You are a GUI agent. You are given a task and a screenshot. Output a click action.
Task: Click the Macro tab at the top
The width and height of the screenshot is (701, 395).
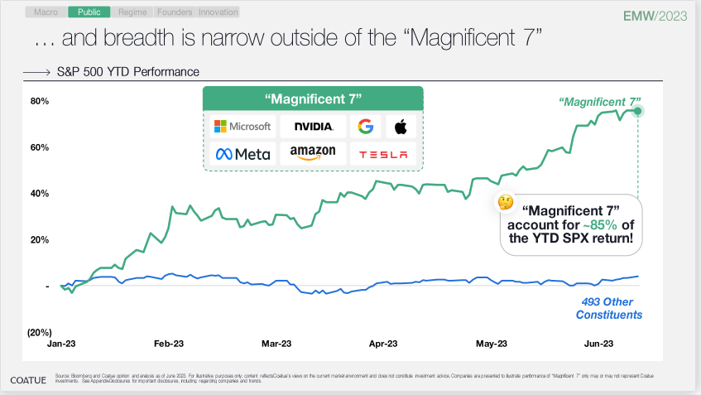pyautogui.click(x=46, y=12)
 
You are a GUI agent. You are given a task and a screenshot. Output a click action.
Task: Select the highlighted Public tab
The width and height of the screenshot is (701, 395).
pyautogui.click(x=89, y=12)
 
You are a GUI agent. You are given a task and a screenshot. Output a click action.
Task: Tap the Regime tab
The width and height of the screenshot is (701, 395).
pyautogui.click(x=132, y=12)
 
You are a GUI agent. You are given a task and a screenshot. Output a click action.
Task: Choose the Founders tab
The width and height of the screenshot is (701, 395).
pyautogui.click(x=174, y=12)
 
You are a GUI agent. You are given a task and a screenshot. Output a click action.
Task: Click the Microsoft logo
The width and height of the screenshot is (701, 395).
pyautogui.click(x=242, y=126)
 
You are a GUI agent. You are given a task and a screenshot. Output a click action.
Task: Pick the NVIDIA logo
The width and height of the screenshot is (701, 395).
pyautogui.click(x=313, y=126)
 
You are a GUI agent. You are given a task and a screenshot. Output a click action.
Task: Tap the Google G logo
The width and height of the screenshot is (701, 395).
pyautogui.click(x=365, y=126)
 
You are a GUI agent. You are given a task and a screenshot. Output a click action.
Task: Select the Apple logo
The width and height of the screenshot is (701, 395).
pyautogui.click(x=401, y=126)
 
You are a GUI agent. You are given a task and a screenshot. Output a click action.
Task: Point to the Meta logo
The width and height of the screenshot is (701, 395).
pyautogui.click(x=242, y=154)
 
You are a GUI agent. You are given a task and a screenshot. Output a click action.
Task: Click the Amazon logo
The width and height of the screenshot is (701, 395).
pyautogui.click(x=313, y=154)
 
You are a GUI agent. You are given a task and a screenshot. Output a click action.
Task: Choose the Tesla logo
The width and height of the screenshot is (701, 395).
pyautogui.click(x=382, y=154)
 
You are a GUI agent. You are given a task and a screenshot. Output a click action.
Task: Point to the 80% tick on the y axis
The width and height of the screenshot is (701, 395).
pyautogui.click(x=41, y=101)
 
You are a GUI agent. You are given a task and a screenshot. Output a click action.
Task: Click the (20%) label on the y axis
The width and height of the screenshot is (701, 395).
pyautogui.click(x=41, y=332)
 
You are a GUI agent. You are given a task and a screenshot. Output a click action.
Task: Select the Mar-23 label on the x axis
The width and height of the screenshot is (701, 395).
pyautogui.click(x=276, y=343)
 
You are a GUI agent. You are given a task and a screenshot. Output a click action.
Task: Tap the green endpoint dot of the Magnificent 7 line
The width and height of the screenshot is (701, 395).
pyautogui.click(x=638, y=110)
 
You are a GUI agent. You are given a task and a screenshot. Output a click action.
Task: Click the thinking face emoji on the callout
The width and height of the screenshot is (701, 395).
pyautogui.click(x=504, y=201)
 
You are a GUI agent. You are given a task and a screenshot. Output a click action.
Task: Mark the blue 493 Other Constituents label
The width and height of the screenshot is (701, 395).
pyautogui.click(x=609, y=308)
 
